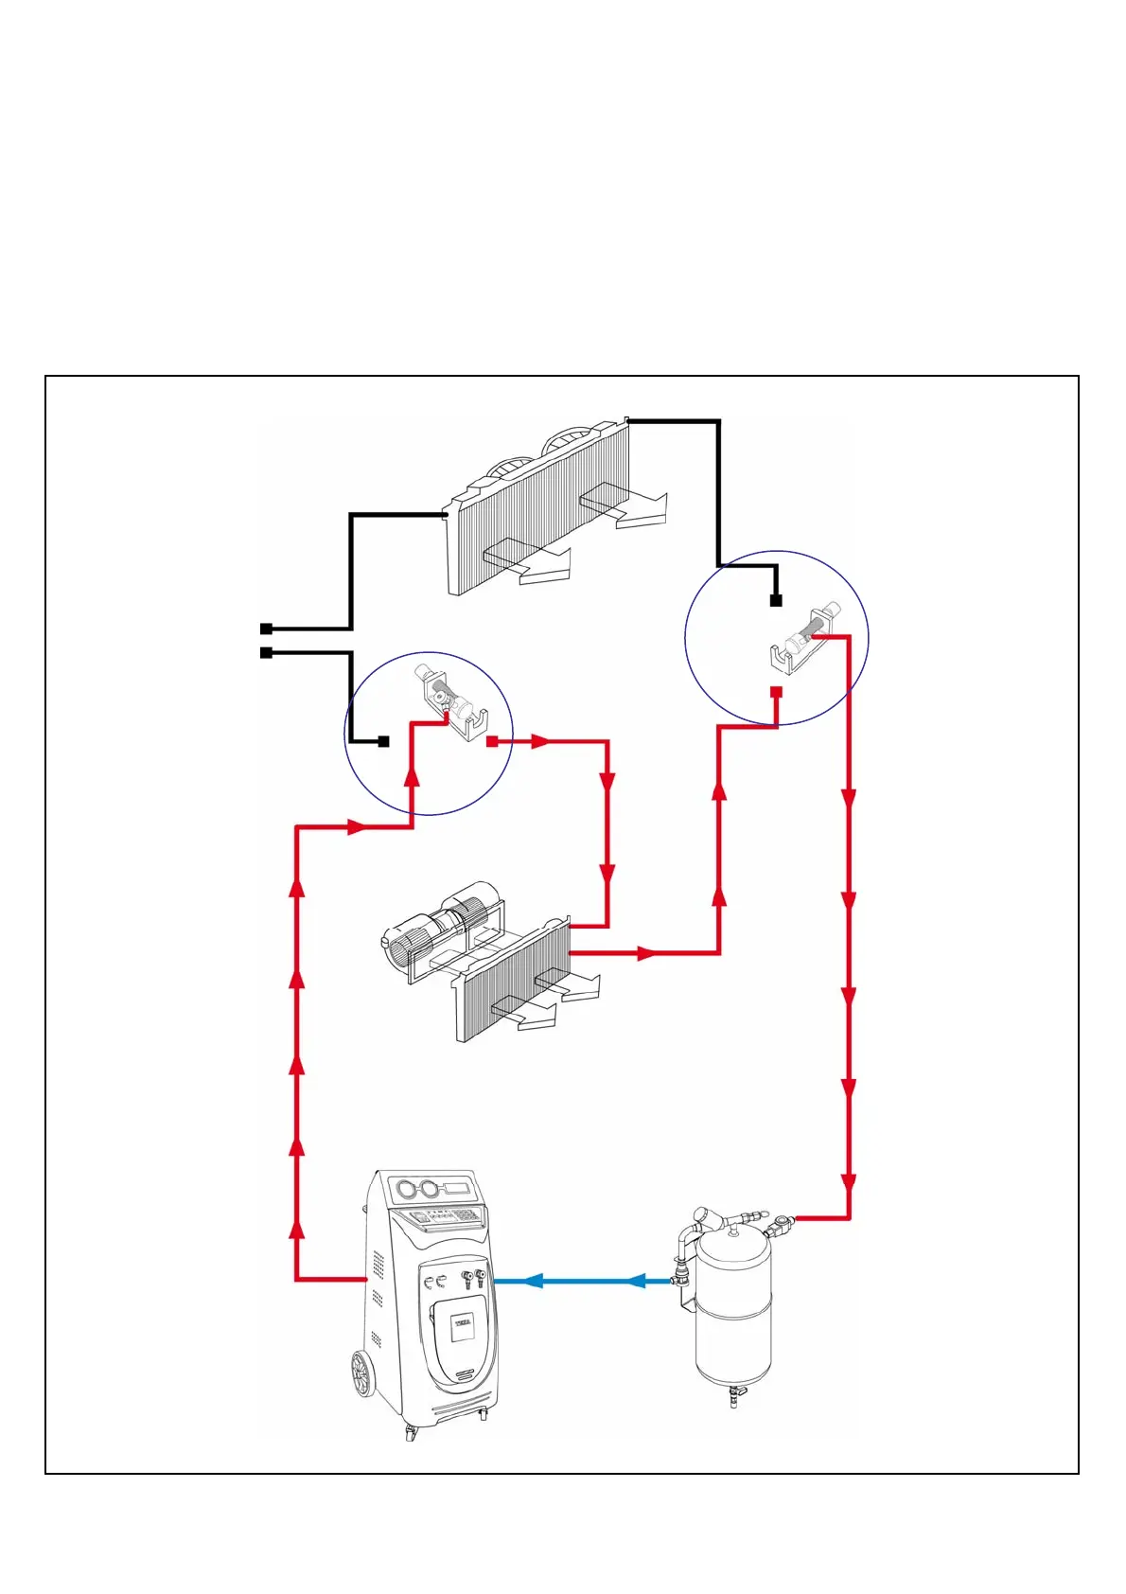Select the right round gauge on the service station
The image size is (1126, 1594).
431,1190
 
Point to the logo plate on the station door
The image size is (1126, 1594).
463,1322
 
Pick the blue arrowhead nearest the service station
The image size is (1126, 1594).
532,1281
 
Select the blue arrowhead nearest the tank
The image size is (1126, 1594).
636,1281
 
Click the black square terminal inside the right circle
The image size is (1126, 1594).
776,600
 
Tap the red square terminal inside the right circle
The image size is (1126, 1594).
776,692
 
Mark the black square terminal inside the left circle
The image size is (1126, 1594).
383,742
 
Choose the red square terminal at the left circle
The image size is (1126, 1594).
491,742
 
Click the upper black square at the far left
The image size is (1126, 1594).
266,629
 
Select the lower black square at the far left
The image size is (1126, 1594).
266,653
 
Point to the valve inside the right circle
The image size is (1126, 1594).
803,639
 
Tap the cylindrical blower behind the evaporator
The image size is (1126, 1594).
445,923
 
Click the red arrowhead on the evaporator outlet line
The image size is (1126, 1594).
647,953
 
